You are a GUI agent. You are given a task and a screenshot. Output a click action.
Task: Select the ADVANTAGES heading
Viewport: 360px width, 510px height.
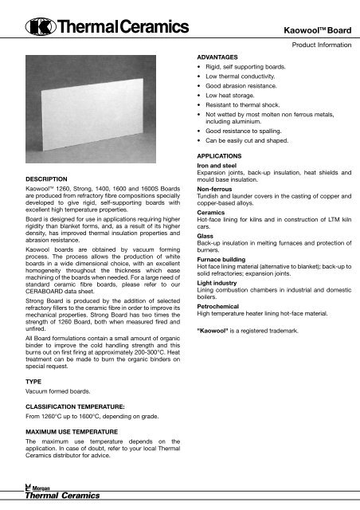click(x=218, y=57)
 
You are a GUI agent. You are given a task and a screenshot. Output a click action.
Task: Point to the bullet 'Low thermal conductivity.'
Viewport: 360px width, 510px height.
click(x=243, y=82)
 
